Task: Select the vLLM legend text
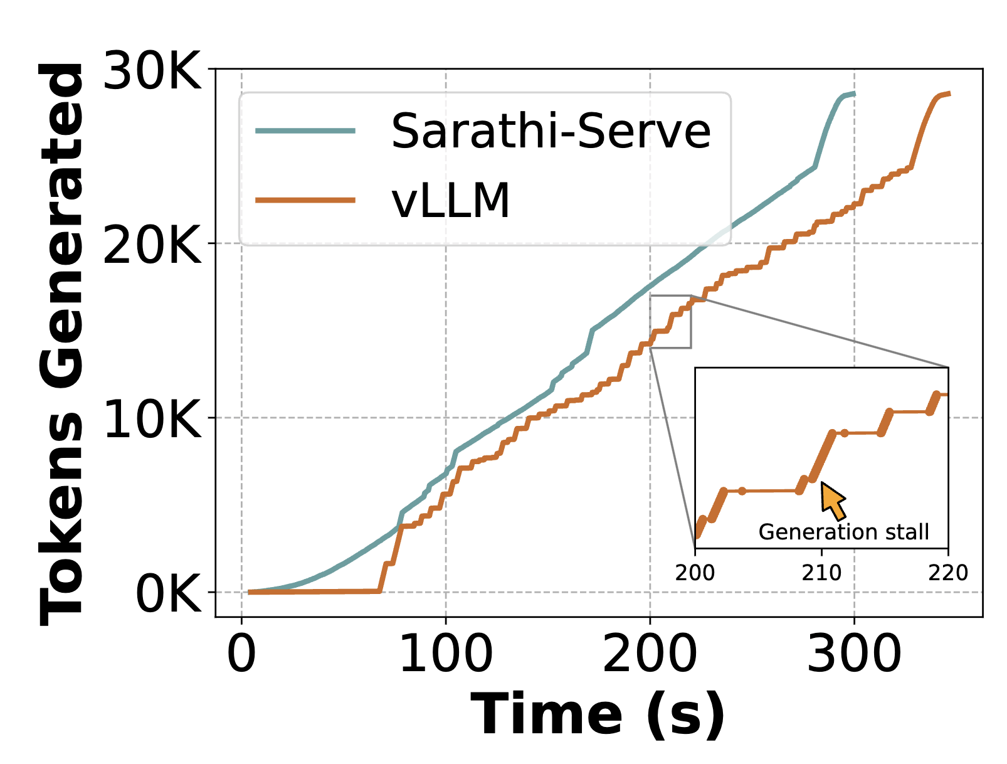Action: click(x=450, y=201)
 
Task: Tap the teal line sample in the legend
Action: click(x=305, y=130)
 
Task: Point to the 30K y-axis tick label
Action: click(x=152, y=70)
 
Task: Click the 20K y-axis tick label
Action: click(x=152, y=245)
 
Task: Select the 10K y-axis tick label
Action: click(x=152, y=419)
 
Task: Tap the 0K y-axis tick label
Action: click(x=168, y=593)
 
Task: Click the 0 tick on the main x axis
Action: click(x=241, y=654)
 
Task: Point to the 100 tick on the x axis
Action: click(x=446, y=654)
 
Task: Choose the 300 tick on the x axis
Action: click(x=854, y=654)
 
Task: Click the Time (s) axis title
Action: click(x=598, y=715)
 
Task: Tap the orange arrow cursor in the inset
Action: click(x=833, y=501)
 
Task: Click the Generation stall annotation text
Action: click(x=843, y=532)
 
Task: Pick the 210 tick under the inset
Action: click(x=821, y=573)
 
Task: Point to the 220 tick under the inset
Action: click(x=948, y=573)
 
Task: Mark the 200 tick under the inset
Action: click(x=695, y=573)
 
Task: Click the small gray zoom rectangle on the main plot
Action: click(x=670, y=321)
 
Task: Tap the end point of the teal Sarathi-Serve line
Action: click(x=854, y=93)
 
